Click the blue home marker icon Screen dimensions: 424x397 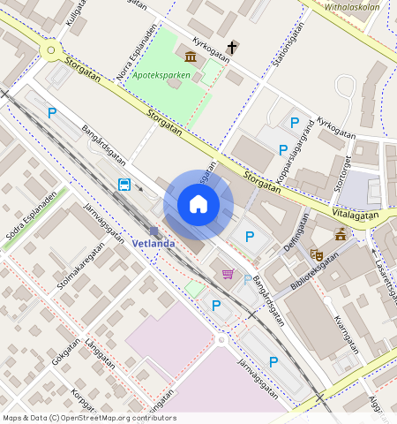coord(198,205)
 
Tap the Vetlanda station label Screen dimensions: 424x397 coord(153,242)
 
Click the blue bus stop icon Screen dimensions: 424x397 coord(125,185)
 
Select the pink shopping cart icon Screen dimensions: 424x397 coord(228,275)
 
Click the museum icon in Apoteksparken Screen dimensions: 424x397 coord(191,57)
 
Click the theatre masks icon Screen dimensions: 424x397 coord(317,254)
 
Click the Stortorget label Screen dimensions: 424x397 coord(339,172)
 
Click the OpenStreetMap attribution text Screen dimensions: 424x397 coord(88,418)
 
